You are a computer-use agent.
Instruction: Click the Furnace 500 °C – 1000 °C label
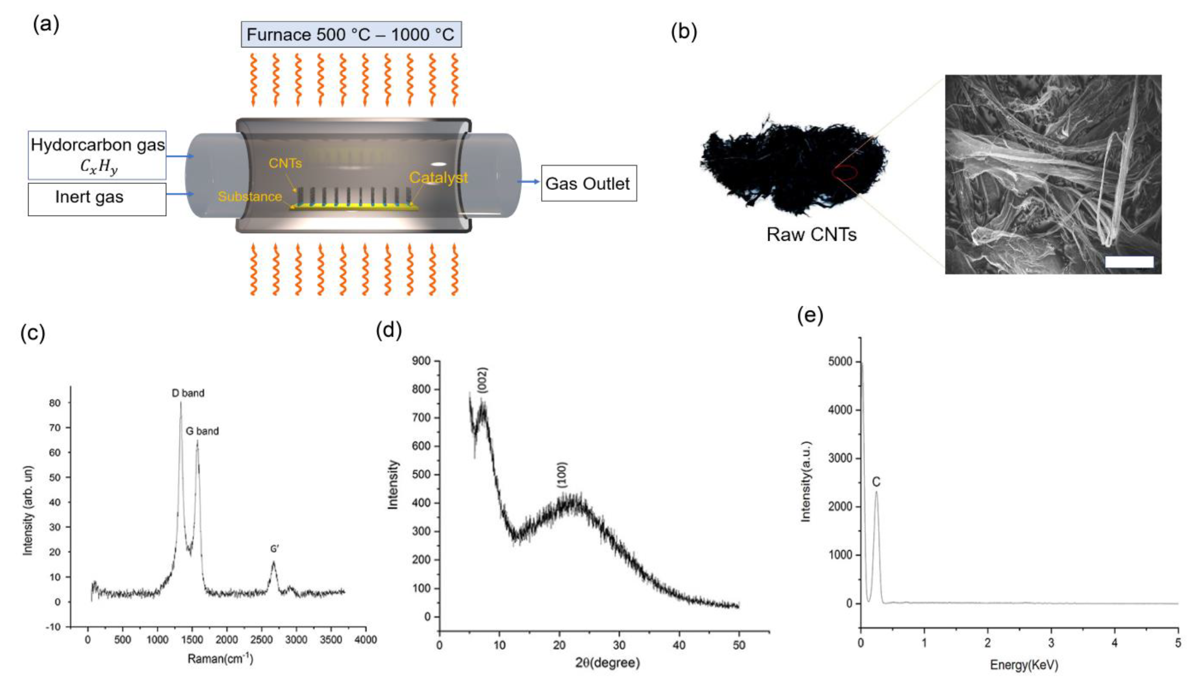coord(351,34)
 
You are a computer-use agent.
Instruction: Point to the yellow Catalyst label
coord(438,178)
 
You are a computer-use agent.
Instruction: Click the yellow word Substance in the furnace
coord(250,197)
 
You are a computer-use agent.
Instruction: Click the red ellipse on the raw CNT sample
coord(844,173)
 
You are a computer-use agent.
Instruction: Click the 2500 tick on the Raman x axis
coord(261,640)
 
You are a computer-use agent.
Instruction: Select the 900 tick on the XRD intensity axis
coord(421,361)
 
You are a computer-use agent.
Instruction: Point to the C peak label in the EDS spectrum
coord(876,482)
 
